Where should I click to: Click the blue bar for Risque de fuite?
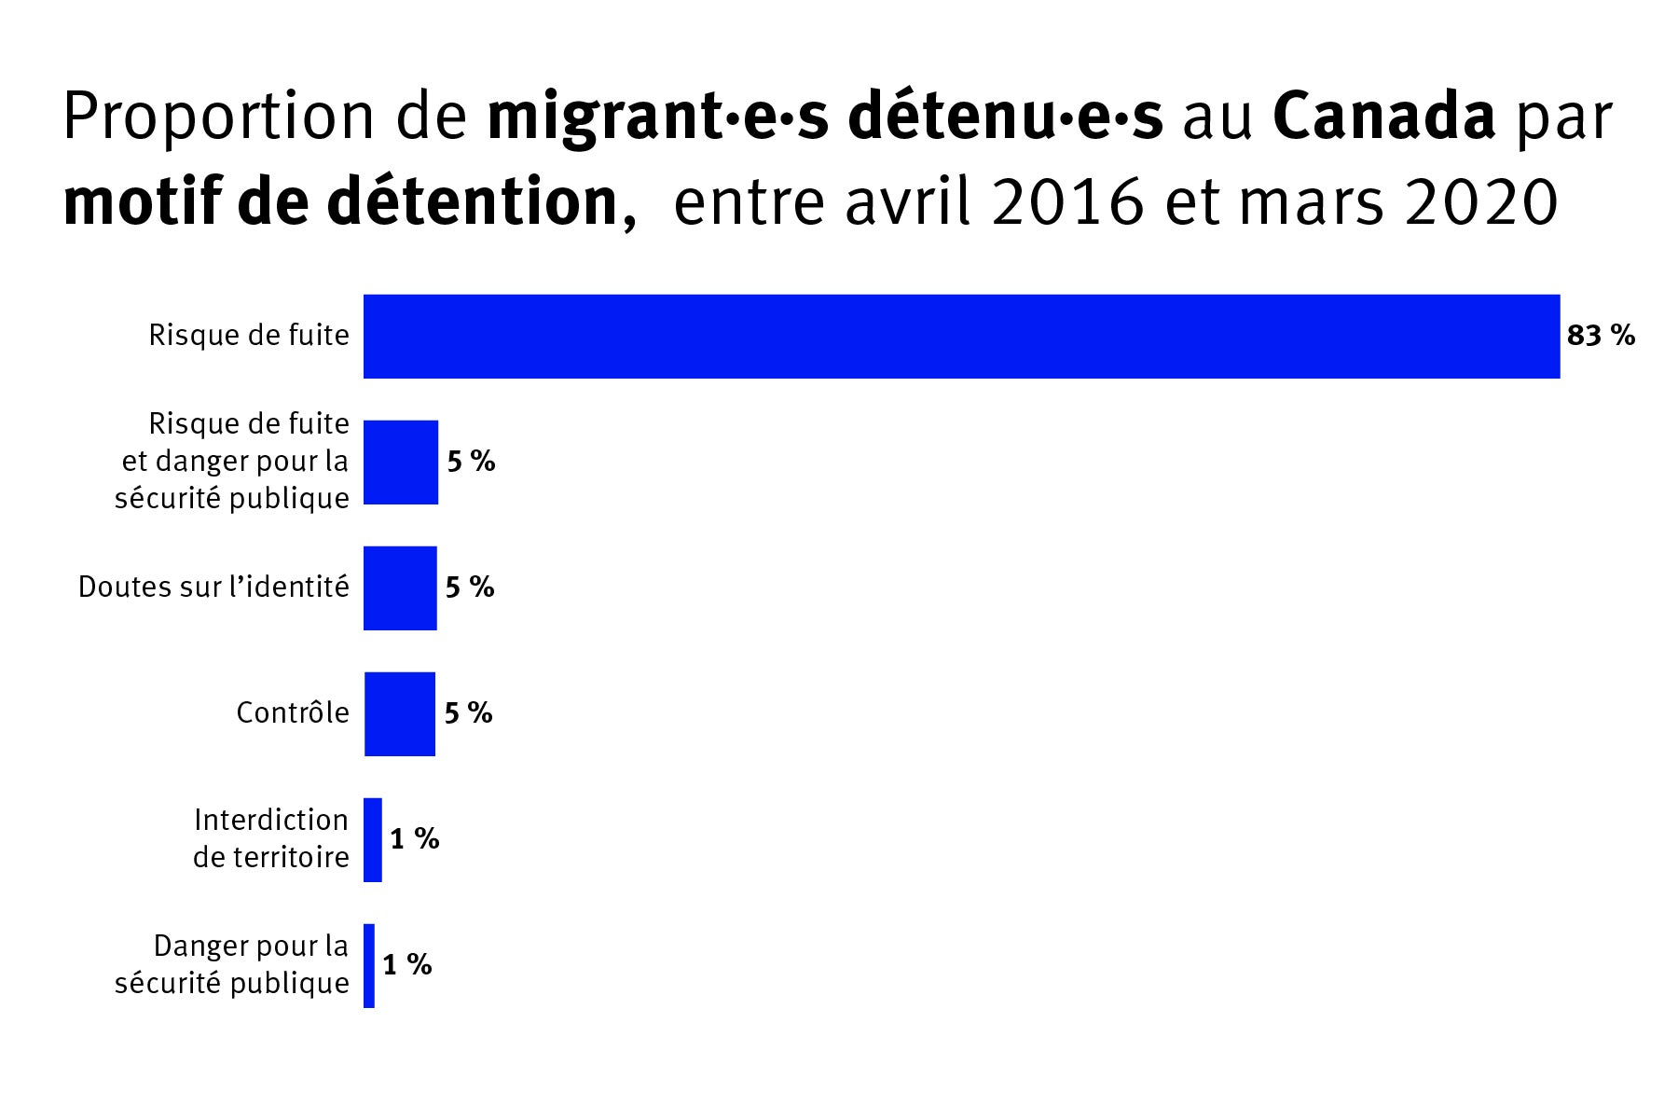click(x=960, y=337)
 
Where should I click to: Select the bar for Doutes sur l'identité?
click(x=400, y=588)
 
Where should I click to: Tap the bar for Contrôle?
click(x=399, y=714)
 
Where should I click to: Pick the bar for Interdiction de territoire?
click(x=373, y=840)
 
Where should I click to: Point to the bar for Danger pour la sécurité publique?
click(x=369, y=966)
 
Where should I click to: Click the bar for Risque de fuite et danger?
click(x=401, y=463)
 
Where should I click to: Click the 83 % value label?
click(x=1601, y=336)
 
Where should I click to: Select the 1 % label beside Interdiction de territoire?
click(x=414, y=839)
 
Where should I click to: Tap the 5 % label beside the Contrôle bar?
click(x=468, y=713)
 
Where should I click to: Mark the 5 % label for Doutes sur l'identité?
click(x=470, y=587)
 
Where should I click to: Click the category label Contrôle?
click(x=293, y=713)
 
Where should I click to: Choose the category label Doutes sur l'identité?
click(x=213, y=587)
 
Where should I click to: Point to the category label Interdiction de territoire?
click(x=270, y=838)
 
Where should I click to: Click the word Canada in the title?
click(x=1383, y=117)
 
